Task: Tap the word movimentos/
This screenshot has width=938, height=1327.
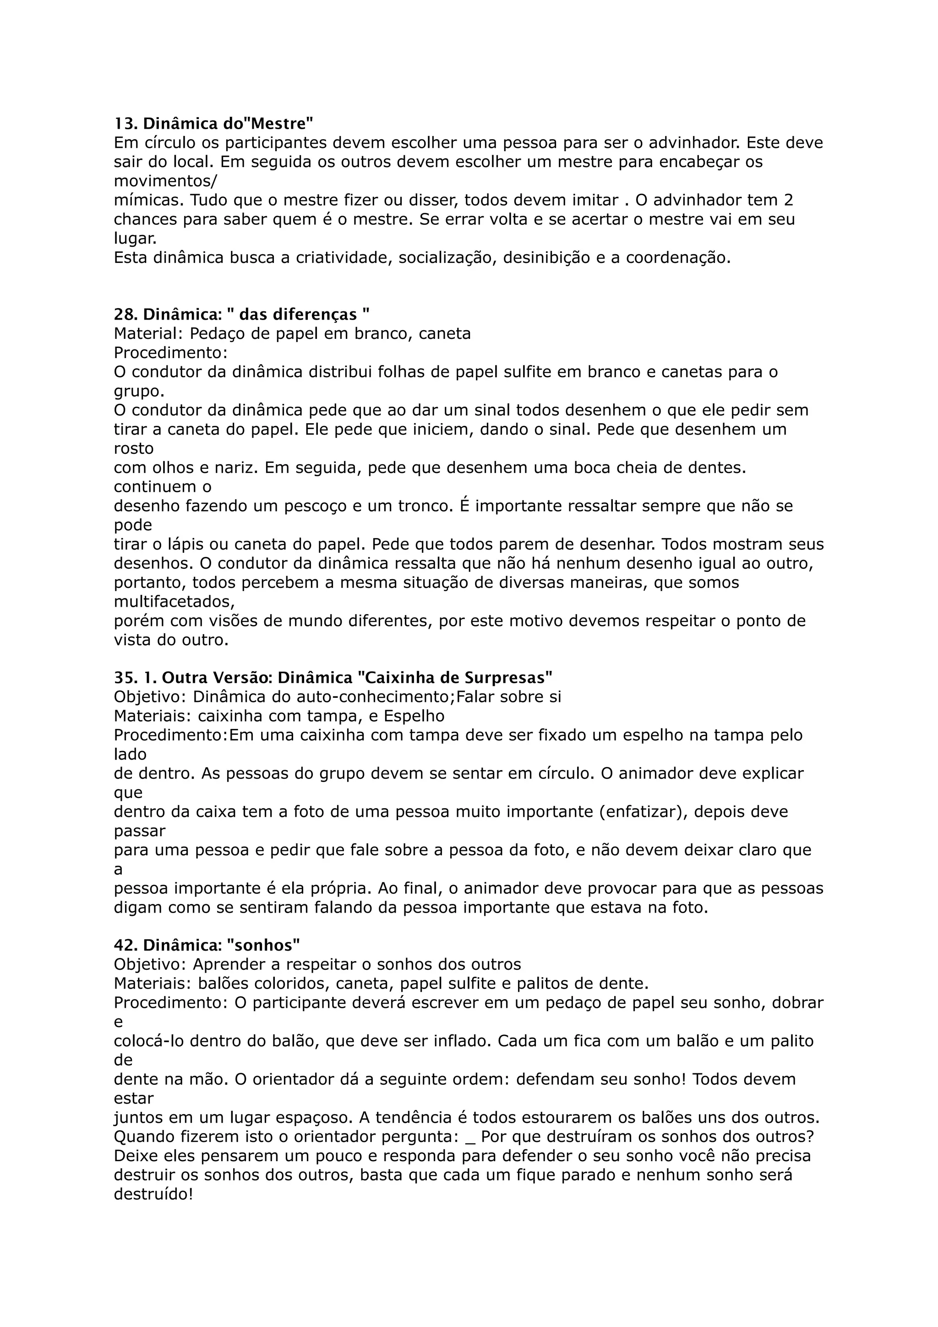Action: pyautogui.click(x=165, y=181)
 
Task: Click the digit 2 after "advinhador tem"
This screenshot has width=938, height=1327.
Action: pyautogui.click(x=788, y=201)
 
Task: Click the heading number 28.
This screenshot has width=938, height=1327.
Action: pyautogui.click(x=123, y=315)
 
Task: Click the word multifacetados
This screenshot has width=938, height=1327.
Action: pyautogui.click(x=174, y=602)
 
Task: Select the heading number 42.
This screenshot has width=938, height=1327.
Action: pyautogui.click(x=124, y=946)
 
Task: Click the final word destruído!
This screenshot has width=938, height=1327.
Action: pyautogui.click(x=153, y=1194)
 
